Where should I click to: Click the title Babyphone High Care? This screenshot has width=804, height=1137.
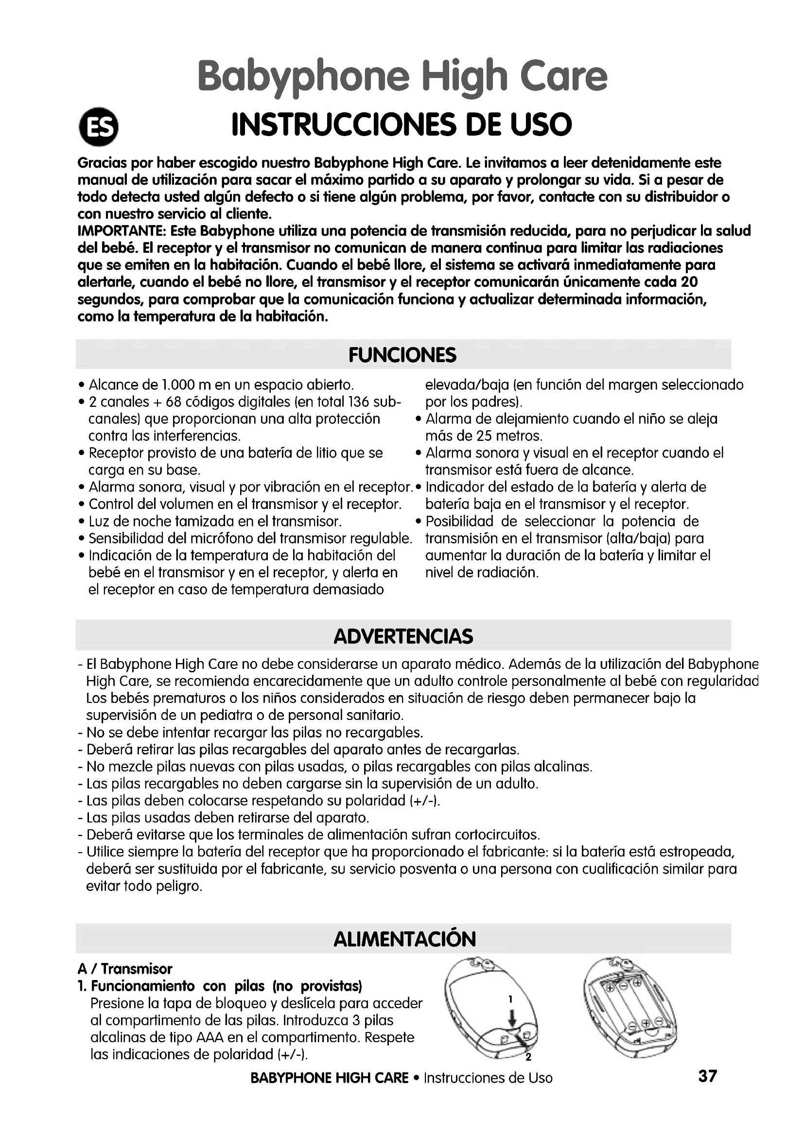coord(402,77)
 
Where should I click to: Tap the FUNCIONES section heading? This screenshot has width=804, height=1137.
coord(402,355)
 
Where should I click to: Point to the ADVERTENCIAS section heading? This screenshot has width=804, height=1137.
coord(403,636)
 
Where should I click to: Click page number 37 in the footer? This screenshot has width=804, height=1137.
coord(707,1076)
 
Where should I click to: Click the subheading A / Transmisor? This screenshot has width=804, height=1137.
coord(125,969)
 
